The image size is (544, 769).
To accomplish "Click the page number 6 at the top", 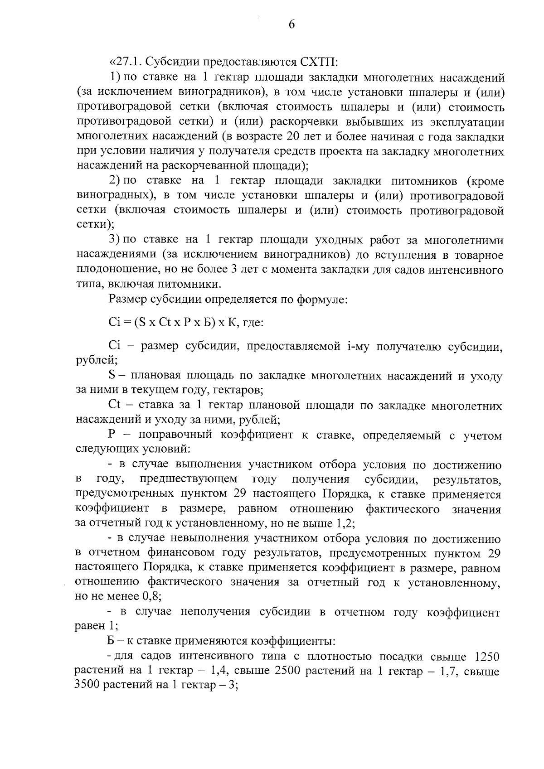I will (x=291, y=25).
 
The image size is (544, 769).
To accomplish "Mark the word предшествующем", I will (x=188, y=479).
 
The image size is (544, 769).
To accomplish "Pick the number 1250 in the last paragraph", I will (x=487, y=657).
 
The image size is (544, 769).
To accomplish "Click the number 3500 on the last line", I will (x=87, y=686).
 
